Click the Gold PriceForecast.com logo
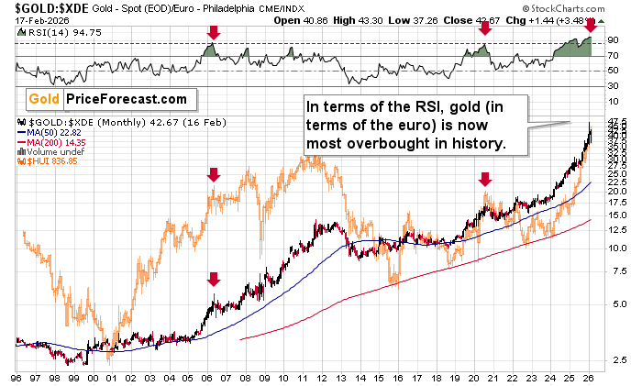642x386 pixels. (105, 98)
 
